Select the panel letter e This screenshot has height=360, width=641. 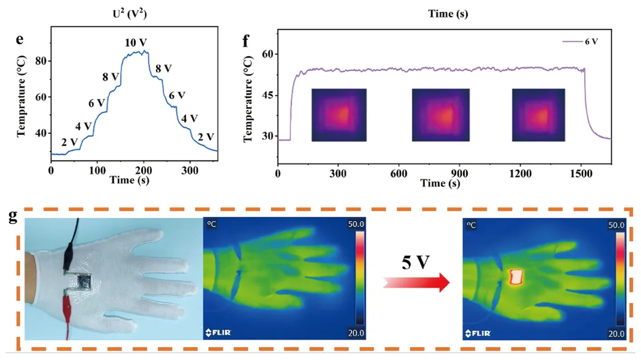[20, 39]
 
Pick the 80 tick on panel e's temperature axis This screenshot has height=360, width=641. [41, 61]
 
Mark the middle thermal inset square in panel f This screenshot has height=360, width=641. [441, 115]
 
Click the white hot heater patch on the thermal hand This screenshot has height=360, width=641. [516, 277]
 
